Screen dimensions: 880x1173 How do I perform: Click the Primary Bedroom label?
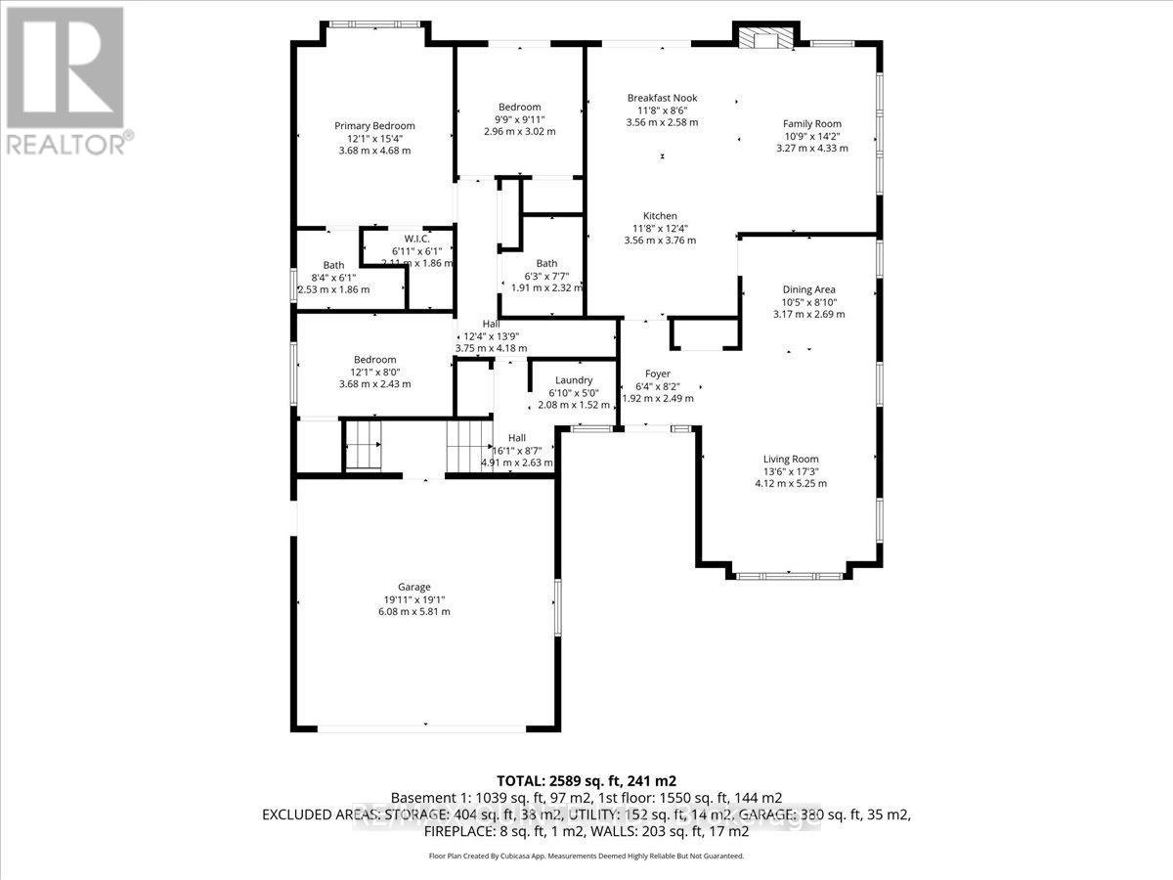[374, 125]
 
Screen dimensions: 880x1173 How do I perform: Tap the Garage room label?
[413, 587]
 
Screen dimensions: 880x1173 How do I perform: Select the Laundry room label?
[574, 380]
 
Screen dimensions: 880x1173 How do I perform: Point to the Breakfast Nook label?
[662, 98]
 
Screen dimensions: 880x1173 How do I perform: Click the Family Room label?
[811, 123]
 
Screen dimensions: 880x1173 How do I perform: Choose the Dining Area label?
[808, 289]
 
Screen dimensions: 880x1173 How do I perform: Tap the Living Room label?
[791, 459]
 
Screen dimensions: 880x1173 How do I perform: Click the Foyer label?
[657, 374]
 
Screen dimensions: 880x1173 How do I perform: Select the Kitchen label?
[660, 216]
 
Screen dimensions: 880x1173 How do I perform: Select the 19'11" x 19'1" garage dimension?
[413, 599]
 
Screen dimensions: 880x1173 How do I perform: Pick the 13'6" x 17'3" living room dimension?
[791, 471]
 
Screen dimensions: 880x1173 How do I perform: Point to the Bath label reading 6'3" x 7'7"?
[546, 263]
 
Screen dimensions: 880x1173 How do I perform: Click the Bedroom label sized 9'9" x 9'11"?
[519, 108]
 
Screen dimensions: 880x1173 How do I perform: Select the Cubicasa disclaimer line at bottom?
[586, 856]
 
